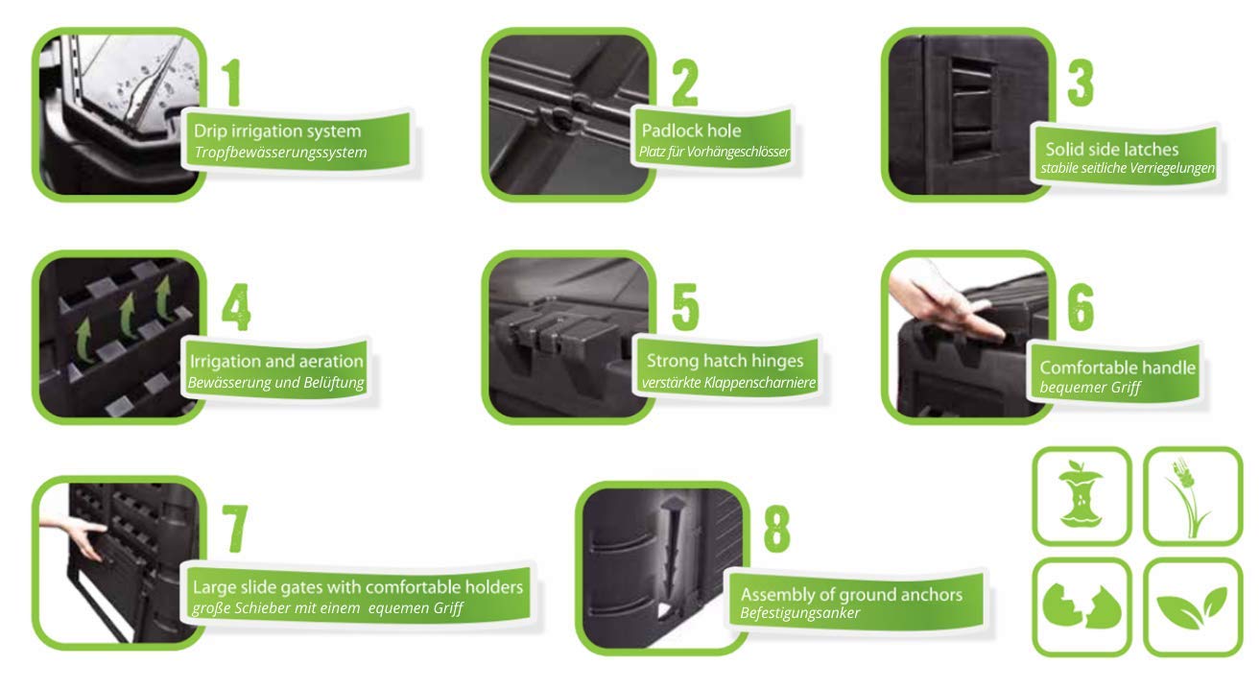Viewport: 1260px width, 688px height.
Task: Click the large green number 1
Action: coord(232,83)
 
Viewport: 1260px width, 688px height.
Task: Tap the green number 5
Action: coord(685,307)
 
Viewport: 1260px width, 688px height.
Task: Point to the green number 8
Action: coord(776,529)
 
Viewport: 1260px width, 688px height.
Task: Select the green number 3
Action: coord(1080,83)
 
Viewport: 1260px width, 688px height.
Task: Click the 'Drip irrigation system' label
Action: coord(277,131)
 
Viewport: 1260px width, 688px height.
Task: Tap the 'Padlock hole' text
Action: coord(691,131)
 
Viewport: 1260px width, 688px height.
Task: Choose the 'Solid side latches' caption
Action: coord(1111,149)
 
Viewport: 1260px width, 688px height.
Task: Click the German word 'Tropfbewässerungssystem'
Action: coord(280,153)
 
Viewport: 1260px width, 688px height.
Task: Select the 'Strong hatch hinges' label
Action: coord(725,360)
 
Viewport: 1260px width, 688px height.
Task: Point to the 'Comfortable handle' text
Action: coord(1117,368)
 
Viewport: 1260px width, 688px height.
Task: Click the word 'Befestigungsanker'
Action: coord(800,612)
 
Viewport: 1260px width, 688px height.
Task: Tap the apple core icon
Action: coord(1080,494)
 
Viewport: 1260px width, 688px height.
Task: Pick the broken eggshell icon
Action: coord(1082,606)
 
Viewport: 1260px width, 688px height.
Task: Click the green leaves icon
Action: coord(1191,607)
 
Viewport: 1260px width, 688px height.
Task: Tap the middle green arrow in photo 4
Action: coord(129,316)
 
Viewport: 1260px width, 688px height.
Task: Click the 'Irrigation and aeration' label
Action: coord(276,361)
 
